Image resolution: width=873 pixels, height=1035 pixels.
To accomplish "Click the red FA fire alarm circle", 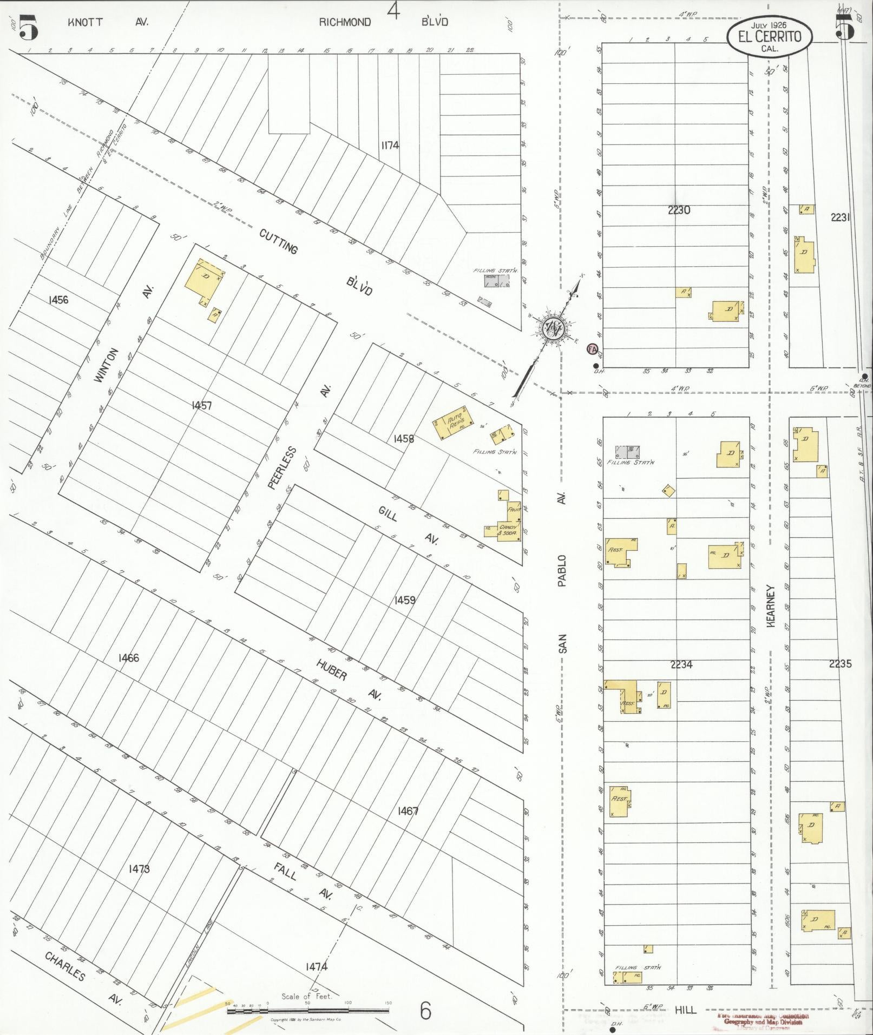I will pos(592,350).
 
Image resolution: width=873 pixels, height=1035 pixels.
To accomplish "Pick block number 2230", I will pos(679,210).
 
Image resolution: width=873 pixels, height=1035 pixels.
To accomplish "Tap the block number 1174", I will pos(390,145).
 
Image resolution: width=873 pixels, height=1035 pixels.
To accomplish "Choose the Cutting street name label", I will pos(279,241).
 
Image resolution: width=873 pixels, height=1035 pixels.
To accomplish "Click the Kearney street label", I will pos(771,606).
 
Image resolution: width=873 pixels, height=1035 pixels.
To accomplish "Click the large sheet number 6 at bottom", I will pos(425,1010).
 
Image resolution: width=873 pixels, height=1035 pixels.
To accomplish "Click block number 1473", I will pos(139,869).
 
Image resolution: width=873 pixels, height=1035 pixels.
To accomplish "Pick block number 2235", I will pos(840,664).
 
